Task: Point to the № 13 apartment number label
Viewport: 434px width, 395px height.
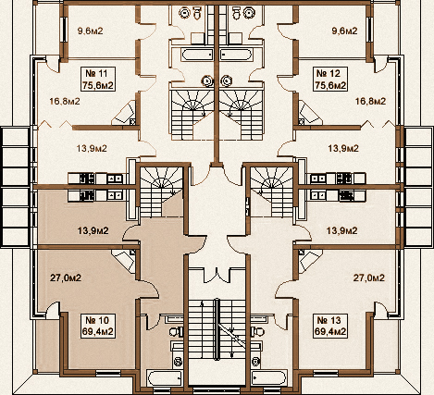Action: [330, 316]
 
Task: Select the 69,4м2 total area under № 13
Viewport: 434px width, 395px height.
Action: [330, 329]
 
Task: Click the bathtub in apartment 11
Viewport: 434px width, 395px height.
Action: [194, 56]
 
